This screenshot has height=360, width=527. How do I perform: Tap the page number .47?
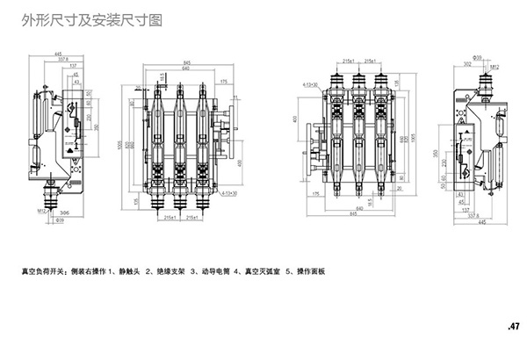[513, 327]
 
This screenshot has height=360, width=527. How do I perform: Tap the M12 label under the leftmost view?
[41, 212]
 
